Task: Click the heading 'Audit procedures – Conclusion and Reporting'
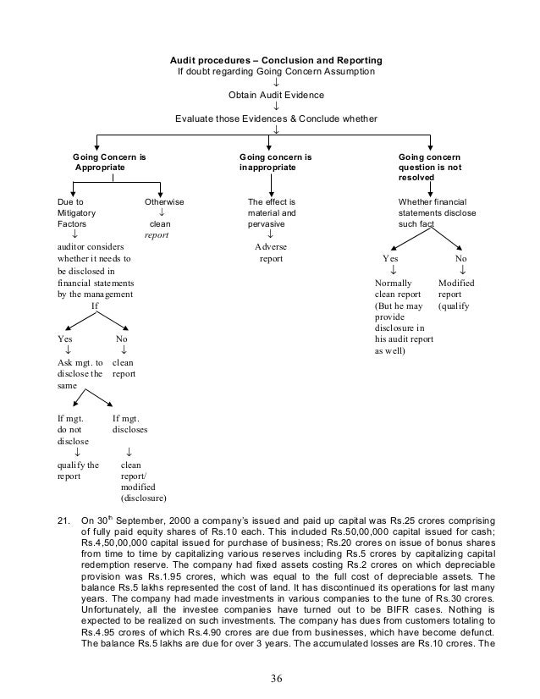tap(276, 62)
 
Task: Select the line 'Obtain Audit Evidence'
tap(276, 96)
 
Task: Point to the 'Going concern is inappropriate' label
tap(276, 162)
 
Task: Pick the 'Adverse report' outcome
tap(271, 253)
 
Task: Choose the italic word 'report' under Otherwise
tap(157, 236)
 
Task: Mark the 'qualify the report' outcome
tap(77, 471)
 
